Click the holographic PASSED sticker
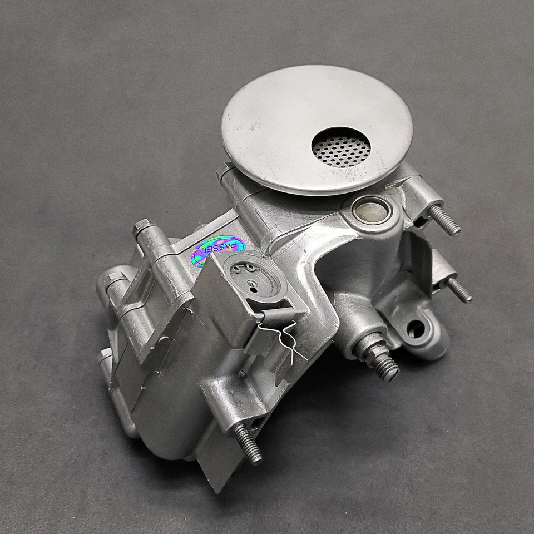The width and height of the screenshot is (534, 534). [218, 251]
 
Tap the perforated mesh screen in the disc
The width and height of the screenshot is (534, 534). [340, 147]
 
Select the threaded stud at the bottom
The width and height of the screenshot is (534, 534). [248, 443]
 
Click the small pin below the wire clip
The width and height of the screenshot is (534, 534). [243, 374]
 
